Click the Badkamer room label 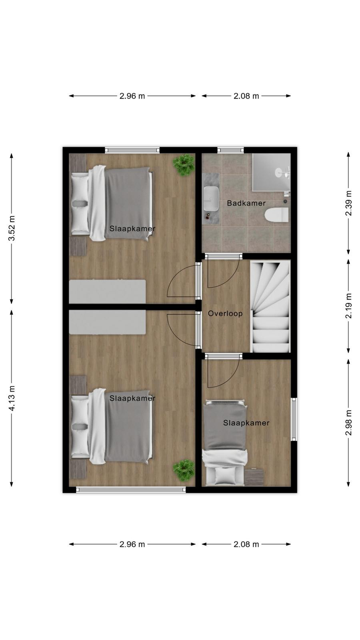tap(246, 203)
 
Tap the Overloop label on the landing tap(225, 314)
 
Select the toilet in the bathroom tap(276, 215)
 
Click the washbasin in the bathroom tap(212, 198)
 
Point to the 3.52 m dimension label tap(12, 228)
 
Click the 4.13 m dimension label tap(12, 398)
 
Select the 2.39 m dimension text tap(348, 204)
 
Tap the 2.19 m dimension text tap(348, 306)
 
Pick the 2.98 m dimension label tap(348, 422)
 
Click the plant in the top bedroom tap(184, 164)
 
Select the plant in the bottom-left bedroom tap(184, 470)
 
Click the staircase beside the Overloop tap(270, 306)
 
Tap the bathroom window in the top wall tap(230, 150)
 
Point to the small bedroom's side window tap(294, 420)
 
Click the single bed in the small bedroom tap(225, 442)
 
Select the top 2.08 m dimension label tap(246, 96)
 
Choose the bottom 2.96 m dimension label tap(132, 544)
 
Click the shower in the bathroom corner tap(272, 172)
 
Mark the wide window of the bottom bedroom tap(131, 490)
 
